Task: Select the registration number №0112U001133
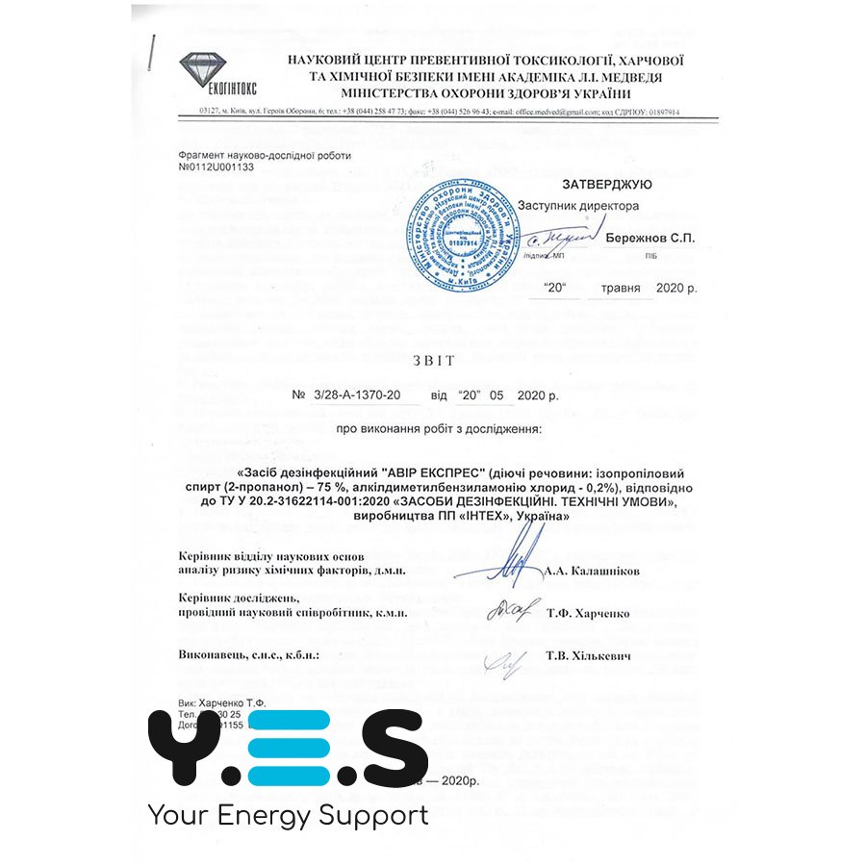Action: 216,166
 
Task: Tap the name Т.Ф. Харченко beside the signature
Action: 588,612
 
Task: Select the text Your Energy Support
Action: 288,816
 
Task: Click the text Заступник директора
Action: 577,206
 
